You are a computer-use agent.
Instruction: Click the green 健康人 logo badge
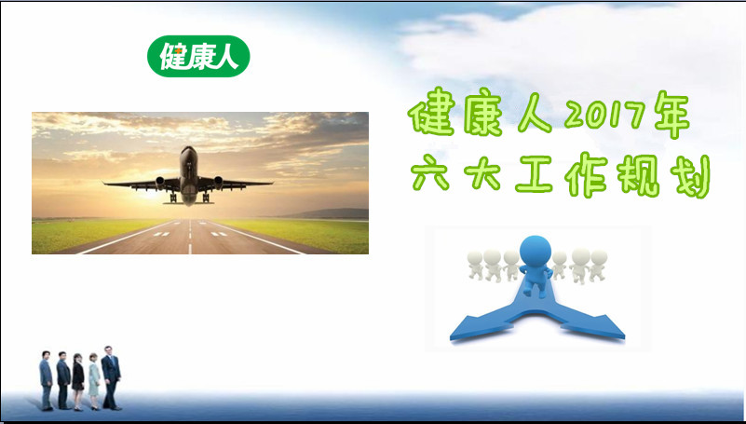[198, 56]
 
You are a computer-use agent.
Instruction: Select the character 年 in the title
[671, 115]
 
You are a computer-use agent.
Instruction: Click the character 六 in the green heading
[430, 174]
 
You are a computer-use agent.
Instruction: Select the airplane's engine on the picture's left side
[160, 182]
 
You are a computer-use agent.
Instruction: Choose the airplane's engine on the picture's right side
[218, 182]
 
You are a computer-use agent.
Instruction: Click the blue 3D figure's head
[536, 252]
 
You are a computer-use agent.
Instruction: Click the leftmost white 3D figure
[475, 265]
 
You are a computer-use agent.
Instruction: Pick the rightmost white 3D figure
[598, 265]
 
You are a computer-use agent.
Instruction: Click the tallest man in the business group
[111, 377]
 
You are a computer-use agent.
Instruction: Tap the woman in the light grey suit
[94, 382]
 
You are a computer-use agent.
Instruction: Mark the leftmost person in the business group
[47, 381]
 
